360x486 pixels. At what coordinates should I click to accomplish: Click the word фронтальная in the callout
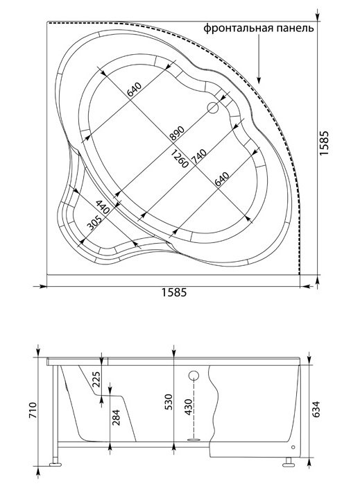click(239, 28)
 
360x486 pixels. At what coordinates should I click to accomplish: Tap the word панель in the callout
click(295, 28)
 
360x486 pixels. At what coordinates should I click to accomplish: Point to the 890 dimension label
click(177, 133)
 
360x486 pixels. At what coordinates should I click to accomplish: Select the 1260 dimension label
click(179, 158)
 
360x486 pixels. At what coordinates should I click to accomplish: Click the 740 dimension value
click(199, 156)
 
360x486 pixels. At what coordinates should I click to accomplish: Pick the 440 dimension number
click(103, 207)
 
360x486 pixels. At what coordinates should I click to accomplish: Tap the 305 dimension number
click(94, 223)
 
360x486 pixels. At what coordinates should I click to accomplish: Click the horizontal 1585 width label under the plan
click(174, 292)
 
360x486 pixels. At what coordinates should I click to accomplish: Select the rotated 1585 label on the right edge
click(324, 143)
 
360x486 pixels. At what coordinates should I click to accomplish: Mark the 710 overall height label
click(33, 410)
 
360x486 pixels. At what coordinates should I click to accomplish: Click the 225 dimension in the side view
click(97, 380)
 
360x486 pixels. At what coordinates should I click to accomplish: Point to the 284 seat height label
click(116, 417)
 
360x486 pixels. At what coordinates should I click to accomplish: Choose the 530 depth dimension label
click(169, 402)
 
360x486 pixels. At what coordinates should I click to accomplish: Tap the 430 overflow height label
click(188, 408)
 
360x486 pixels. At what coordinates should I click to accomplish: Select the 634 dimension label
click(315, 409)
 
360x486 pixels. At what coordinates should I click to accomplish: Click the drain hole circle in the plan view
click(213, 108)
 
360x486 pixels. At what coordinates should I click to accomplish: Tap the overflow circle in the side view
click(194, 376)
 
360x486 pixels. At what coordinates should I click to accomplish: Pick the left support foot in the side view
click(55, 464)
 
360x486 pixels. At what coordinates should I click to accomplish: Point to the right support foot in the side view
click(289, 463)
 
